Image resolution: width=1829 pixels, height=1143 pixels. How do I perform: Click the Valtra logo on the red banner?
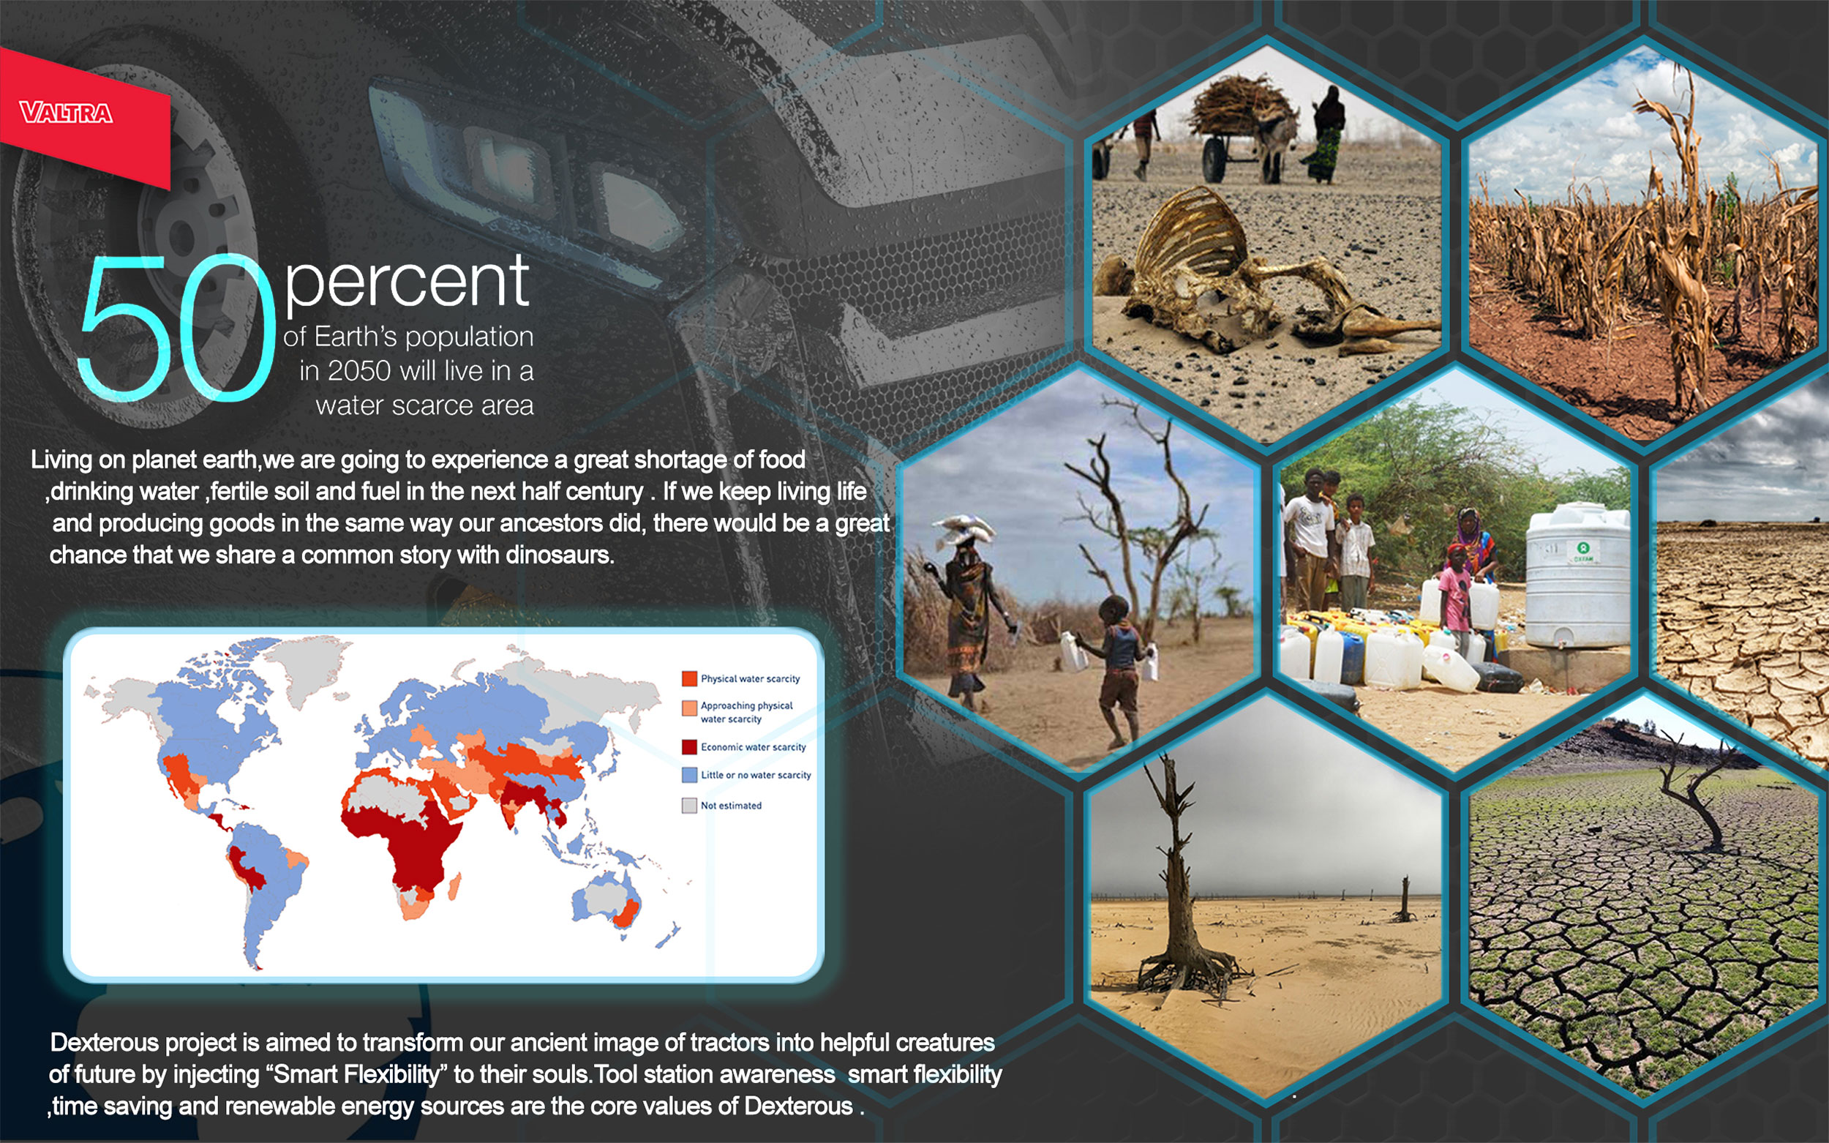pos(67,113)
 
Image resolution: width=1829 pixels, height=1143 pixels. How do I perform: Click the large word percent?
pos(407,282)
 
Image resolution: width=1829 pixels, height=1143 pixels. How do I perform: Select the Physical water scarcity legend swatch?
pos(689,678)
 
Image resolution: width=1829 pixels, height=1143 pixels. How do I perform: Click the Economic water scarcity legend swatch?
pos(689,747)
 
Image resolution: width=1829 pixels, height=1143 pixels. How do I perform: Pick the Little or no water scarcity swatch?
pos(689,775)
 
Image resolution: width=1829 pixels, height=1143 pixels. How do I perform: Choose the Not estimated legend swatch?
pos(689,805)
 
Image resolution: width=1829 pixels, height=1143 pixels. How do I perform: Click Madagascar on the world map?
pos(455,887)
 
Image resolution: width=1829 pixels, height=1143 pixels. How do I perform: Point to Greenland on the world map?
pos(306,665)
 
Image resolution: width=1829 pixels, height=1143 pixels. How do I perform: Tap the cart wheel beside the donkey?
pos(1214,159)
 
